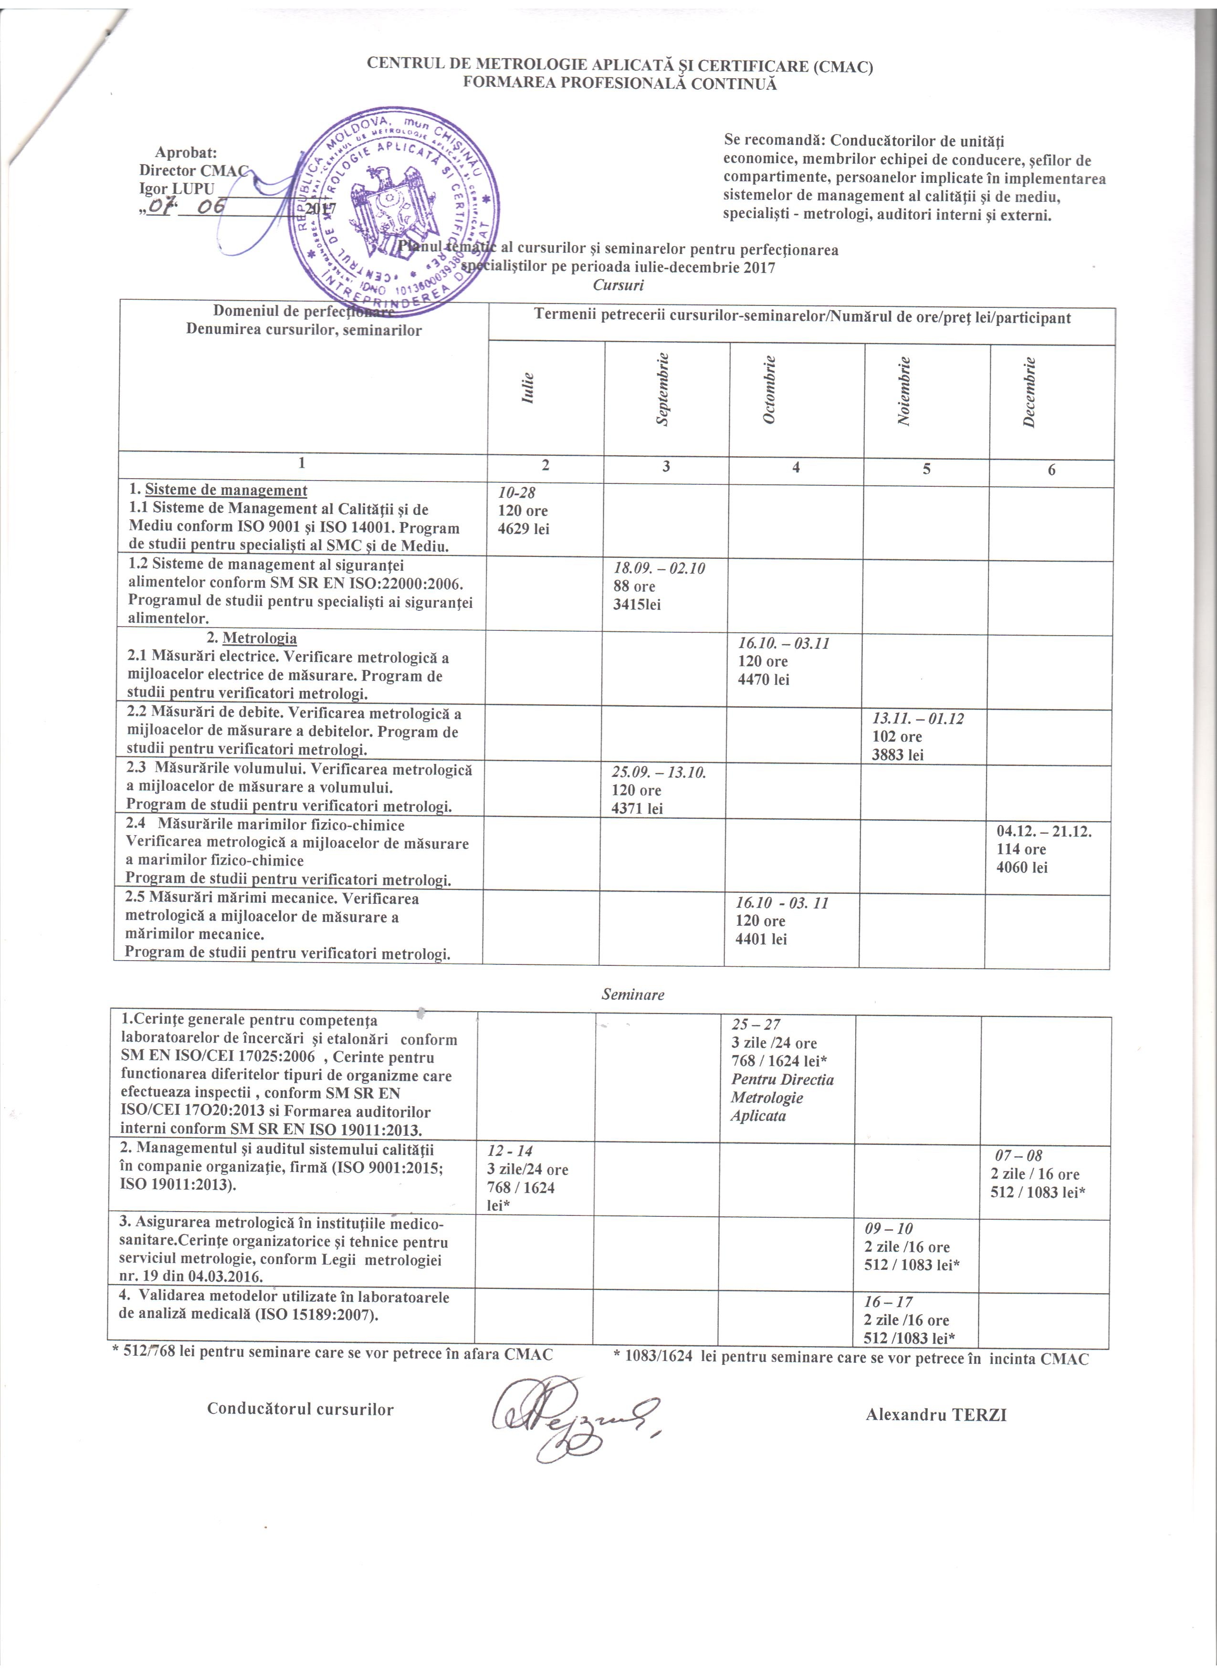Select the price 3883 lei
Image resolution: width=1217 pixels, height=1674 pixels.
coord(897,754)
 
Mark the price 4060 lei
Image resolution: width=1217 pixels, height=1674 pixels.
coord(1021,867)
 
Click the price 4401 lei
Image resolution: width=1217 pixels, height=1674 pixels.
coord(761,939)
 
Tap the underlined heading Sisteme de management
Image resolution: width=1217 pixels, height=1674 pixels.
coord(226,490)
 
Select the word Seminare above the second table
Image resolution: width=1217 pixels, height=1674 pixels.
coord(632,994)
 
